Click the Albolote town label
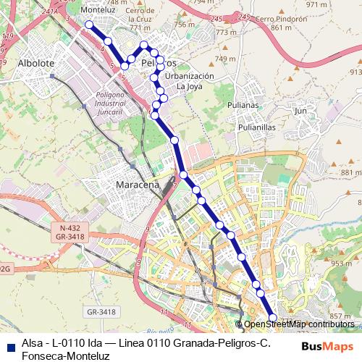coord(36,63)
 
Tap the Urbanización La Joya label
coord(190,80)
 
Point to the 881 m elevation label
coord(350,172)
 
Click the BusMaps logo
coord(326,345)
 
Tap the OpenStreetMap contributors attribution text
coord(299,324)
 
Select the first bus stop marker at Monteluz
coord(89,25)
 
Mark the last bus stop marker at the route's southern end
coord(273,317)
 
